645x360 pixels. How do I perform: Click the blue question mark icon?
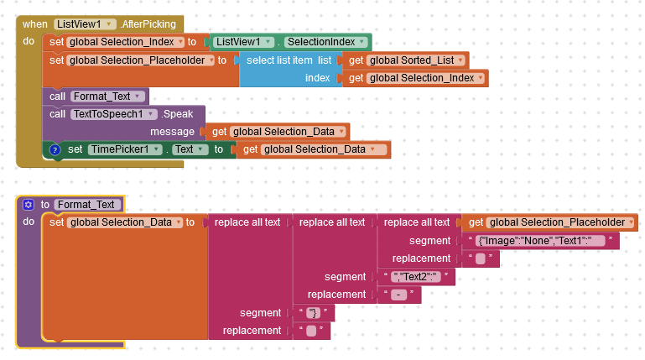pos(55,149)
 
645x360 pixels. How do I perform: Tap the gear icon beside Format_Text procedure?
pos(29,204)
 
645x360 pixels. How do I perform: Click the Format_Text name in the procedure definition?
pos(88,204)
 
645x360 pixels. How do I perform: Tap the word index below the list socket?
pos(318,78)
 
